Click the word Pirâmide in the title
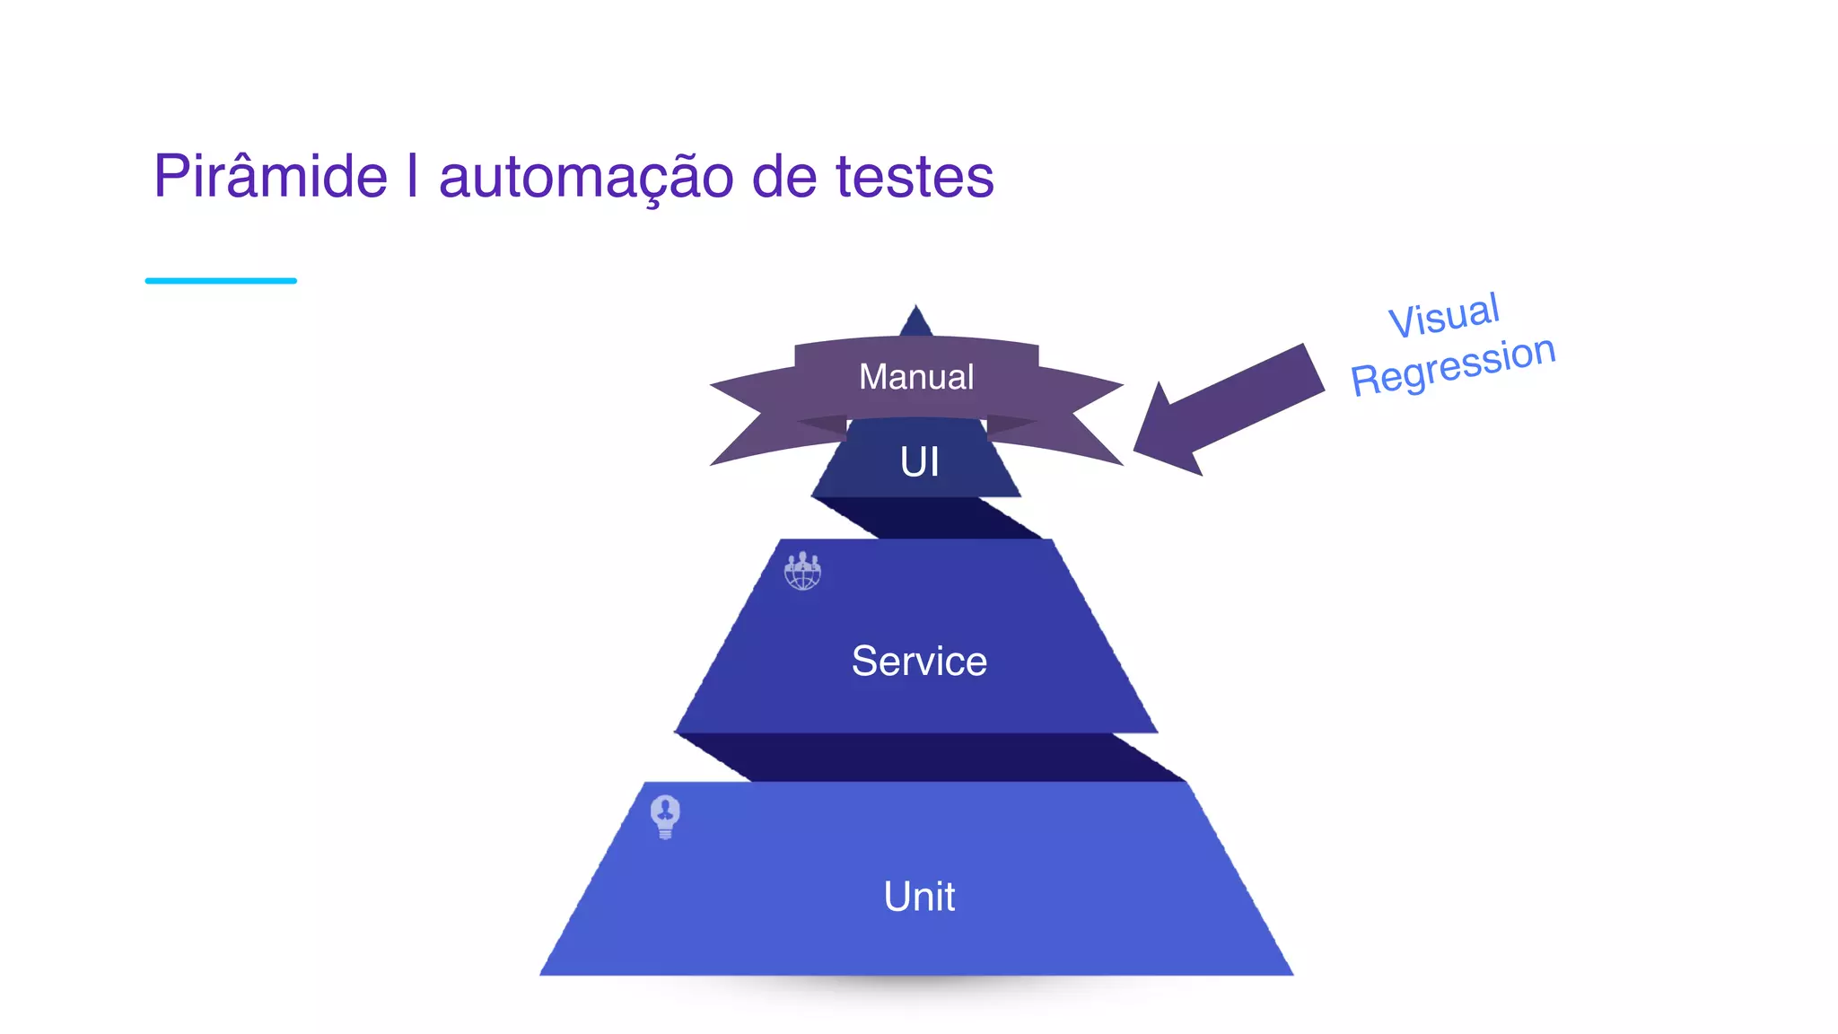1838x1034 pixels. coord(270,177)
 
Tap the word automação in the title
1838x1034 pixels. coord(585,177)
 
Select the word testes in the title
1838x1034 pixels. coord(915,177)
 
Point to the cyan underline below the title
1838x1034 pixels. coord(221,281)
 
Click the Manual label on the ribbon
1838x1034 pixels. coord(915,377)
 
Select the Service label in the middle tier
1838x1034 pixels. coord(918,662)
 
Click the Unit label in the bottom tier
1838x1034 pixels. coord(918,897)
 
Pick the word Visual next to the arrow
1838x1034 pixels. coord(1443,316)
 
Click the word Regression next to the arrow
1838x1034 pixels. coord(1452,364)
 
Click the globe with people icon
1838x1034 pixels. coord(802,571)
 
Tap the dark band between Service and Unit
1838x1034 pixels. coord(929,758)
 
